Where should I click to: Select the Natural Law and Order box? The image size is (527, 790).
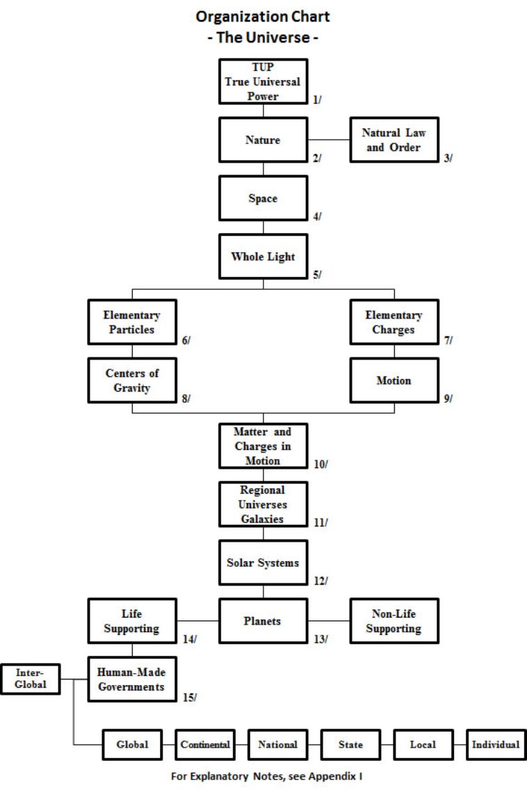point(394,140)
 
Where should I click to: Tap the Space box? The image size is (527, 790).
point(263,199)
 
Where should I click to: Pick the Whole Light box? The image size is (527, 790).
point(263,257)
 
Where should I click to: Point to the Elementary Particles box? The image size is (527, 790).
point(133,322)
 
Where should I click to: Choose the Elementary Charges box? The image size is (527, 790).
point(394,322)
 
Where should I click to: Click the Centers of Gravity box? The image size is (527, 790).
point(133,380)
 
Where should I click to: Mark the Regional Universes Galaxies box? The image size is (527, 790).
point(263,503)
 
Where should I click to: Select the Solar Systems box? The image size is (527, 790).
point(263,562)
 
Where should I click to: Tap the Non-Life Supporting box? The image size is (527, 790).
point(394,620)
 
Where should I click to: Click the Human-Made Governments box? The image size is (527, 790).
point(131,679)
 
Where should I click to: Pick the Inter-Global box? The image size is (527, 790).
point(30,679)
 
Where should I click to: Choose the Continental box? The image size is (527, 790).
point(205,745)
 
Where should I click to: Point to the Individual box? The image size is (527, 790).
point(495,745)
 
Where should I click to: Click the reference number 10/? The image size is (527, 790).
point(321,464)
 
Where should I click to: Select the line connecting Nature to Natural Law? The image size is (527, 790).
point(328,140)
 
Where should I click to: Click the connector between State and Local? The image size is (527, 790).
point(387,745)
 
